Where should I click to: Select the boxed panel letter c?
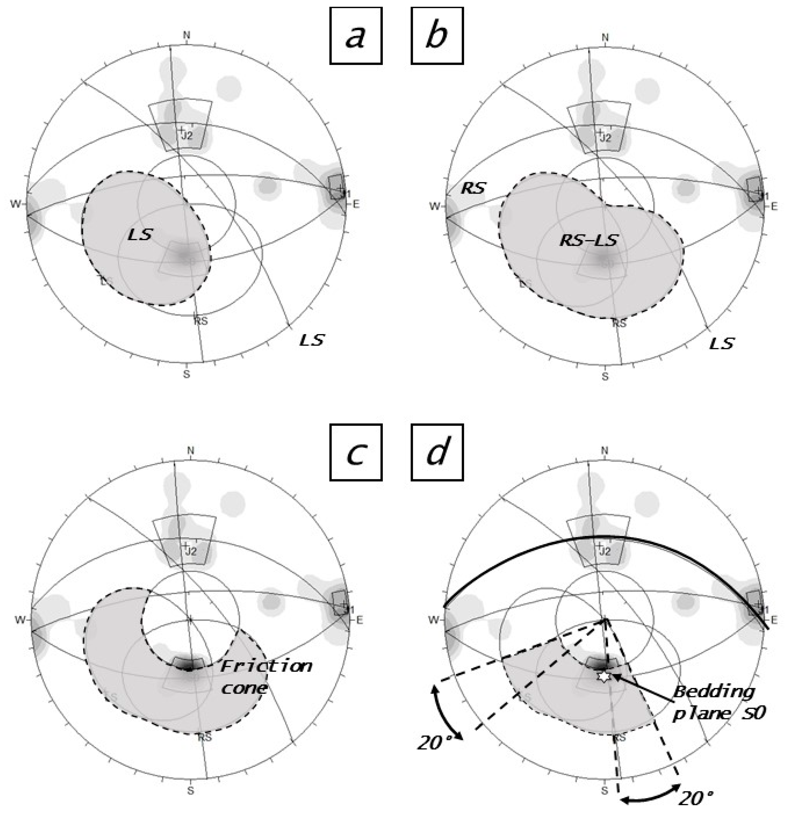[x=355, y=452]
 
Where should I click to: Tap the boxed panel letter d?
[x=437, y=452]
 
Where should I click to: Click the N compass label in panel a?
[x=186, y=35]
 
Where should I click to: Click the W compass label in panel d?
[x=434, y=620]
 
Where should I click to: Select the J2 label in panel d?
[x=604, y=551]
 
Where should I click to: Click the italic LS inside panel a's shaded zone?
[x=140, y=235]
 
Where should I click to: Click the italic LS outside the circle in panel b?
[x=722, y=343]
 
